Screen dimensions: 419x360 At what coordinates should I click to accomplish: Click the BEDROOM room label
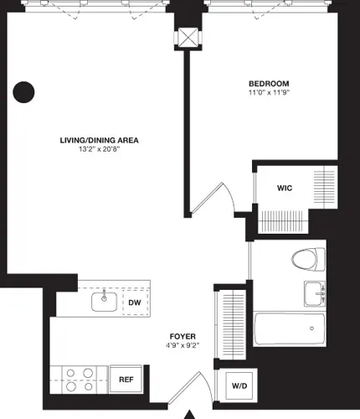[x=269, y=84]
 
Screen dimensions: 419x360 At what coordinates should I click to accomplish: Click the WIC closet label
[x=285, y=189]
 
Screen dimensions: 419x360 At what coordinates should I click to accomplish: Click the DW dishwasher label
[x=134, y=303]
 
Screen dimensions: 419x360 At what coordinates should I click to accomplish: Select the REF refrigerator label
[x=126, y=380]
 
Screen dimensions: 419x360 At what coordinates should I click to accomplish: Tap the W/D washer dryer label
[x=239, y=386]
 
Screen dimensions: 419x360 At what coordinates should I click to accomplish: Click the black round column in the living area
[x=25, y=91]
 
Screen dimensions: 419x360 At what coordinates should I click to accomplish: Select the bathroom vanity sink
[x=316, y=294]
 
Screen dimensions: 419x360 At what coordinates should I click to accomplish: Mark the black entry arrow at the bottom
[x=190, y=413]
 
